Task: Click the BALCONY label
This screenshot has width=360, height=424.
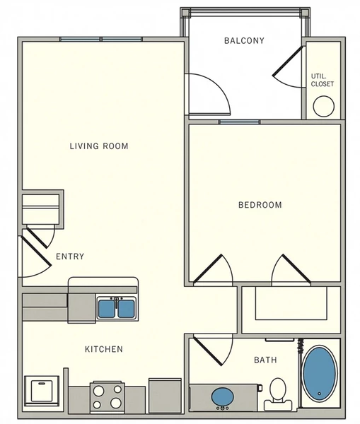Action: pos(244,41)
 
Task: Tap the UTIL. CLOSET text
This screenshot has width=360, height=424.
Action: pos(323,80)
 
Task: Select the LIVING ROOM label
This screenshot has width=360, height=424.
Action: pos(98,146)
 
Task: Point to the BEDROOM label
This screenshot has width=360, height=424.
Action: pos(260,205)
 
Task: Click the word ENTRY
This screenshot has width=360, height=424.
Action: pos(70,257)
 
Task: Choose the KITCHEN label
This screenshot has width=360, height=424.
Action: pos(104,349)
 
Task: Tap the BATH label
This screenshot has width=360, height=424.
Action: pos(265,360)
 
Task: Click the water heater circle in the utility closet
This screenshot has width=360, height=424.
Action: pos(324,107)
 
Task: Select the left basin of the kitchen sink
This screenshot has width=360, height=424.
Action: pos(107,308)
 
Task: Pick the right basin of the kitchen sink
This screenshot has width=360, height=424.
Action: pos(127,308)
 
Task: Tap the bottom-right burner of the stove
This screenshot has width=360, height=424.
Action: pos(115,403)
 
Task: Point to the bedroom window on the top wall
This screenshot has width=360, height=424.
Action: pos(238,122)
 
